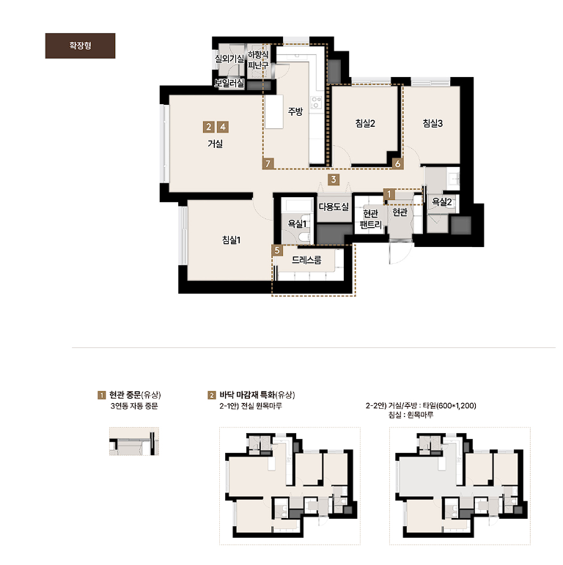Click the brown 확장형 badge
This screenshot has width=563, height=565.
tap(80, 45)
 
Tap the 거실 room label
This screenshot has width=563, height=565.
tap(216, 144)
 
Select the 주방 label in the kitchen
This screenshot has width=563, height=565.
tap(295, 111)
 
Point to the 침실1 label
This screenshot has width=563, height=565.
tap(231, 240)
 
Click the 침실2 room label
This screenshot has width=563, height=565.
tap(365, 123)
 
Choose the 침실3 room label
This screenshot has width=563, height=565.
tap(433, 123)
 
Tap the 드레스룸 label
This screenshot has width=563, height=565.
tap(306, 260)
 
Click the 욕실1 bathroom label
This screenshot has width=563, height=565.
tap(297, 224)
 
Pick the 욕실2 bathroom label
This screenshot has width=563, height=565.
tap(442, 202)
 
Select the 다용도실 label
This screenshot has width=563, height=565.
tap(334, 207)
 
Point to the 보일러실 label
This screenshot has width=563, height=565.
tap(229, 84)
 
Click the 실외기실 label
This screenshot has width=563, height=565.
tap(229, 59)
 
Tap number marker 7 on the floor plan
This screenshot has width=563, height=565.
tap(268, 163)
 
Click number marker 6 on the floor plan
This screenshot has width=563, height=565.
tap(397, 163)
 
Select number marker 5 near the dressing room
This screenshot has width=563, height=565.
tap(277, 250)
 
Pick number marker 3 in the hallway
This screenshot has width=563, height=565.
tap(334, 179)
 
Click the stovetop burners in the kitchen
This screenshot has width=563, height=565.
tap(316, 102)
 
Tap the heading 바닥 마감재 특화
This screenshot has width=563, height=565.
tap(247, 395)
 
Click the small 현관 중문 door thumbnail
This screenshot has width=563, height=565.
tap(134, 441)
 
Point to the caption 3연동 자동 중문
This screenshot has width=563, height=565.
tap(134, 406)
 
